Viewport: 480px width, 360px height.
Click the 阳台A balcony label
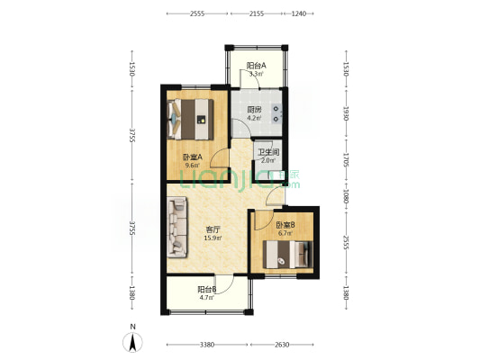pos(257,65)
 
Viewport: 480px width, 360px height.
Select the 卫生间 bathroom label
pos(268,152)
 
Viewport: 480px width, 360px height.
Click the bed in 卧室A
pos(190,115)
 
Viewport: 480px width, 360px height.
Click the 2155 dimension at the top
pos(257,13)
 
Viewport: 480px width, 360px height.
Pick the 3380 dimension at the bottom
pos(206,345)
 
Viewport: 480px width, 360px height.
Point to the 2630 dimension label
pos(282,345)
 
